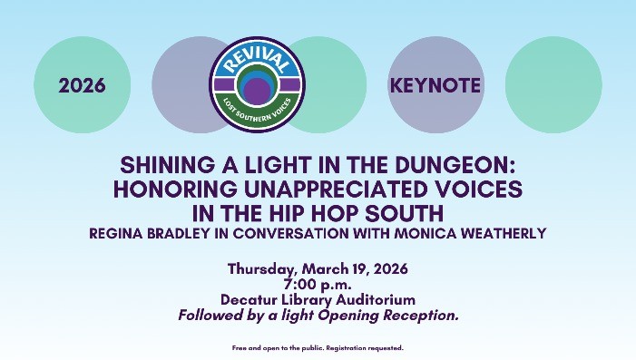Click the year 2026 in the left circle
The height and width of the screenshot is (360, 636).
82,86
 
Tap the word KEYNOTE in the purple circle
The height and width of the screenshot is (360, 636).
435,86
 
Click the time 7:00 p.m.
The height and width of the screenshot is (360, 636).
318,284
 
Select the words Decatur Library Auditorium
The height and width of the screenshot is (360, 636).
318,299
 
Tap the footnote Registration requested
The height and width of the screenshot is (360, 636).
369,347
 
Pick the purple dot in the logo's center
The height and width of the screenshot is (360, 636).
258,91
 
